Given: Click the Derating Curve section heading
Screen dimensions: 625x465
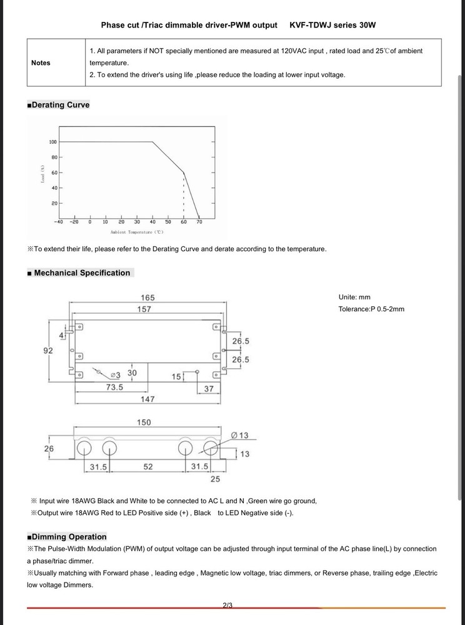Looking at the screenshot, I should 61,105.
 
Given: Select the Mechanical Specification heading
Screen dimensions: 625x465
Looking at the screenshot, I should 82,273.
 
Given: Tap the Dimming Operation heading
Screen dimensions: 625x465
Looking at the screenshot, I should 69,537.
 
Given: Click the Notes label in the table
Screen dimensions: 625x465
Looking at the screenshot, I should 41,62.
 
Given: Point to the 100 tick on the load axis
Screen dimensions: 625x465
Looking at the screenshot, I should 52,142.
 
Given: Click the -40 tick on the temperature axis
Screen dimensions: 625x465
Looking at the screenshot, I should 58,222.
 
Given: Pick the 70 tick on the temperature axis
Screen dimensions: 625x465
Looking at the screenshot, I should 199,222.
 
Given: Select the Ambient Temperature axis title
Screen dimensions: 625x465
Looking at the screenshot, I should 137,232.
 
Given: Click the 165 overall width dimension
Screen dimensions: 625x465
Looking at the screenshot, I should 147,297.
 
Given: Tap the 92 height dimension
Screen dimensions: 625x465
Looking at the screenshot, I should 48,351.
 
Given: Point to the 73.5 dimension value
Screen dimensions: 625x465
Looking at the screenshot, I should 114,387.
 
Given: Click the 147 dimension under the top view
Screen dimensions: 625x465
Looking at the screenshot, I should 147,399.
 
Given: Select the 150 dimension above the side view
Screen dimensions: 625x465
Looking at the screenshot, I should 144,422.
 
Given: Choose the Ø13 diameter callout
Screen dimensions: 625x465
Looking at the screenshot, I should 239,435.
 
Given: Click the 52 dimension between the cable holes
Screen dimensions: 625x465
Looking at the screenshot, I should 148,467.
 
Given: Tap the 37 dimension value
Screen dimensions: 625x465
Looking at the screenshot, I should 209,389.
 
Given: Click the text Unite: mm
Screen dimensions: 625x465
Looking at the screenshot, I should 354,297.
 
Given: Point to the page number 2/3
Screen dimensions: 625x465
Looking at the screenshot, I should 227,605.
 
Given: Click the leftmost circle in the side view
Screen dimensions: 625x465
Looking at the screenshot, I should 85,448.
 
